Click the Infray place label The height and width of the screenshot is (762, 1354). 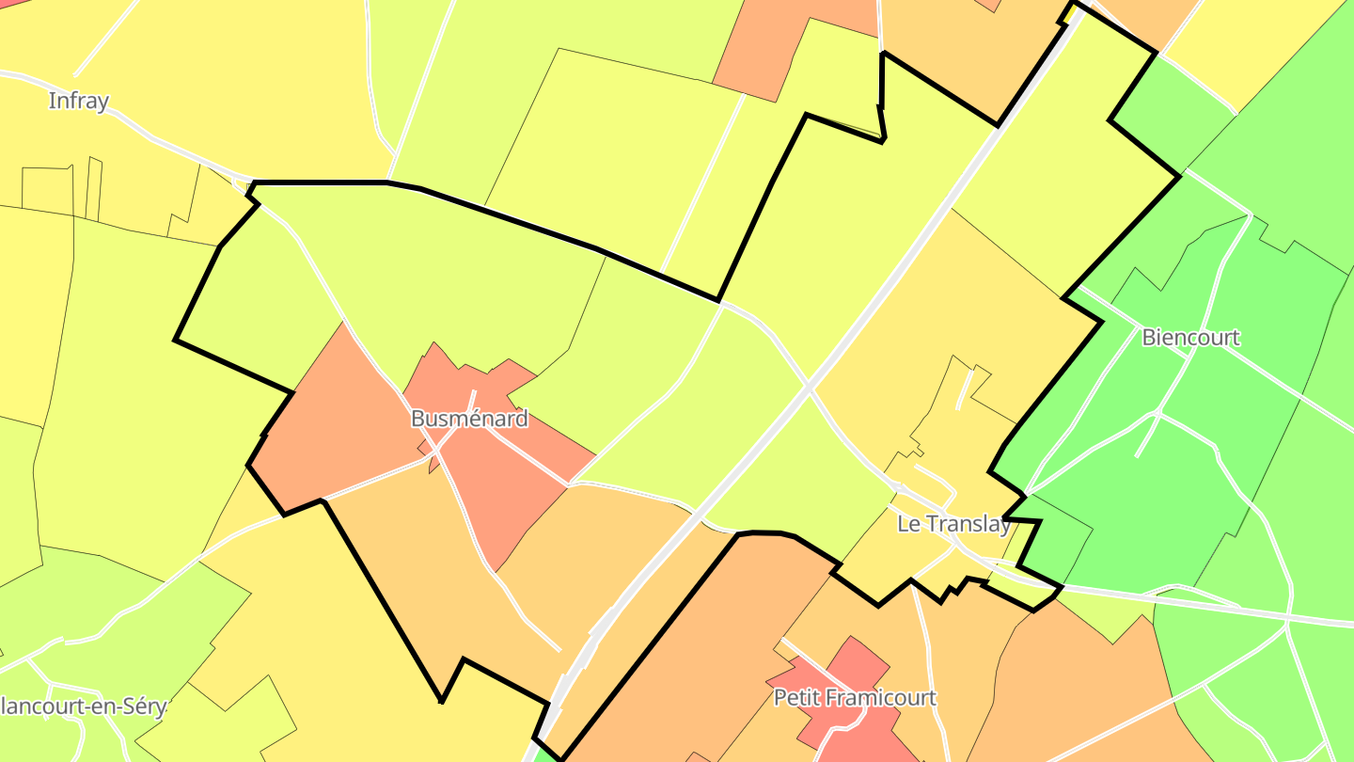[79, 101]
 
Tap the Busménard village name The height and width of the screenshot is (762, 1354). [469, 419]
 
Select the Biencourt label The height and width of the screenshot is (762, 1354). [1190, 337]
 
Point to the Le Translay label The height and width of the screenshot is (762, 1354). [953, 524]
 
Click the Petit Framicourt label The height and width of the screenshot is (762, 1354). [855, 698]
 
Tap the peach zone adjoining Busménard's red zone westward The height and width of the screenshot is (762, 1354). [338, 423]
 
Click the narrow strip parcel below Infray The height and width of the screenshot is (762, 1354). [93, 188]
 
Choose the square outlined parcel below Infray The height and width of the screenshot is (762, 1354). [47, 189]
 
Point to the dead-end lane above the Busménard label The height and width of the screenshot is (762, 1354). [473, 400]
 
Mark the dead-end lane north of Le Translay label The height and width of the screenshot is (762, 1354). [963, 390]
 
